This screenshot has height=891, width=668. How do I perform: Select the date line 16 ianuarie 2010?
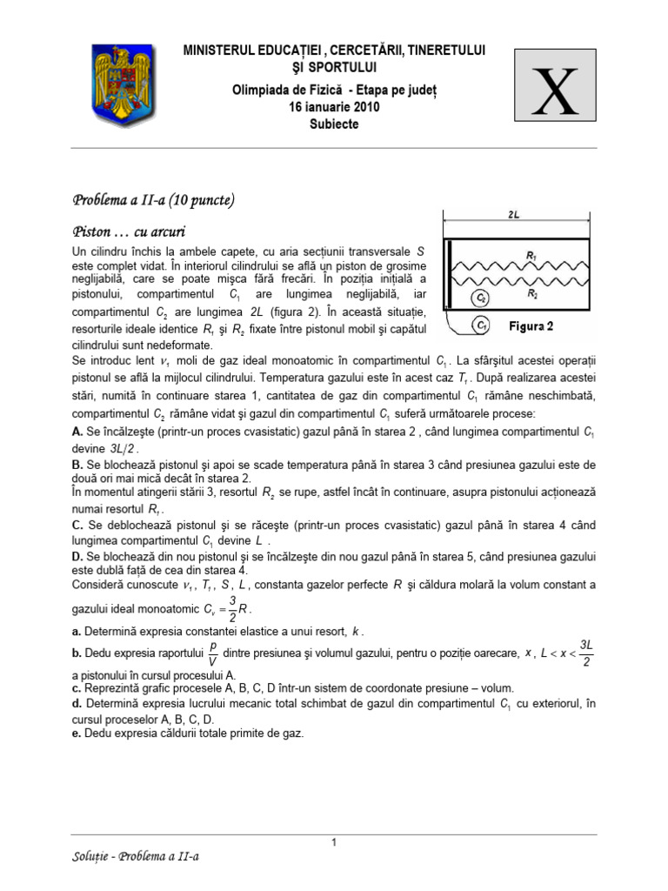334,107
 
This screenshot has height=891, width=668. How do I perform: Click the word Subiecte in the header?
334,124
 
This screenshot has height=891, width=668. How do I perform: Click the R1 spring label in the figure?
531,255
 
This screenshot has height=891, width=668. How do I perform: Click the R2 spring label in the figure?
531,295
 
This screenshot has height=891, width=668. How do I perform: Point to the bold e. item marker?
76,734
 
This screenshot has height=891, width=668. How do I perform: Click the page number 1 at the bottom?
334,842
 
